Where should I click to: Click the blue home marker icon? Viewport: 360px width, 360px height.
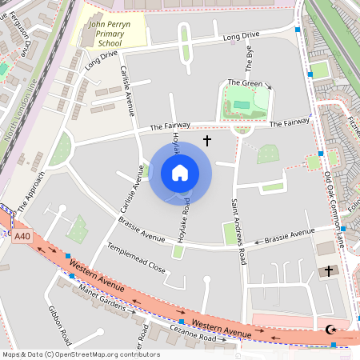[180, 173]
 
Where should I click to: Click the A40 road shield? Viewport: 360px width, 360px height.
[22, 235]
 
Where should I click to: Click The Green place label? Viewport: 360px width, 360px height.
[245, 83]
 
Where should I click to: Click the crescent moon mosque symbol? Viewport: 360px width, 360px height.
[333, 329]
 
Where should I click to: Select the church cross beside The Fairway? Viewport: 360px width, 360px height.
[207, 141]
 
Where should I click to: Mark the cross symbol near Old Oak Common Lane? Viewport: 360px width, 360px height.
[327, 271]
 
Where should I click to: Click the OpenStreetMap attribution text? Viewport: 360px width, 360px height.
[80, 354]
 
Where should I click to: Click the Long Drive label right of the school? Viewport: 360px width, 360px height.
[241, 37]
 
